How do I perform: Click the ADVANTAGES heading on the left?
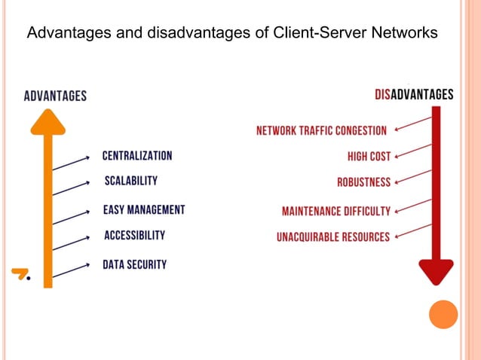pos(55,96)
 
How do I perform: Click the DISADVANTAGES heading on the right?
pos(414,95)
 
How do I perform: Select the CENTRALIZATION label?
pos(137,156)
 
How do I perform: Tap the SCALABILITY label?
pos(131,181)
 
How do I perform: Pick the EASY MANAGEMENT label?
pos(144,210)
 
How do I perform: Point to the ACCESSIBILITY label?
pos(134,236)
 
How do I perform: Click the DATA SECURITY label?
pos(135,264)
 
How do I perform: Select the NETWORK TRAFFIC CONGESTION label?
pos(321,130)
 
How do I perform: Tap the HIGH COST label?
pos(369,157)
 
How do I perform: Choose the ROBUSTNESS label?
pos(363,182)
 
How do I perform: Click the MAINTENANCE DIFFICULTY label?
pos(336,212)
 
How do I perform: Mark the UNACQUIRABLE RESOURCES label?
pos(333,237)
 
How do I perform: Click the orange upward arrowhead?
pos(47,123)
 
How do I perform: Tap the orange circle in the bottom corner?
pos(443,314)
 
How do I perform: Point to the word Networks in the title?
pos(408,34)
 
